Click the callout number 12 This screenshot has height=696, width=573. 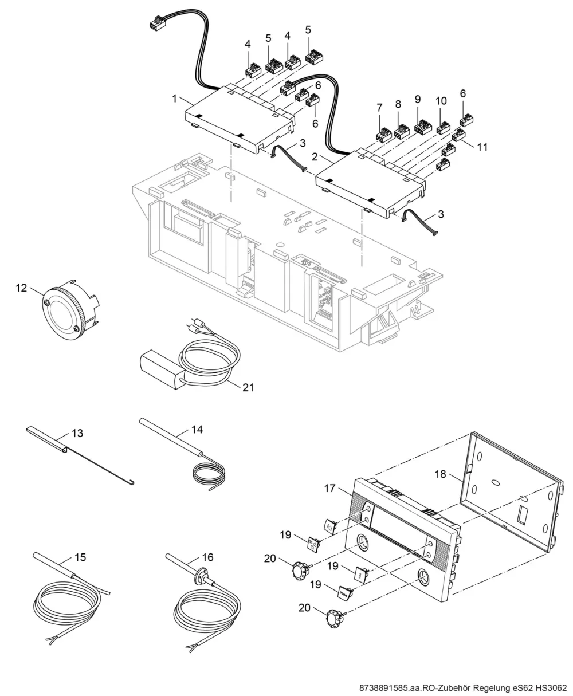point(21,288)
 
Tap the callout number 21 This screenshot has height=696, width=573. point(248,387)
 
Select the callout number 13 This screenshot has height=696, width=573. point(77,433)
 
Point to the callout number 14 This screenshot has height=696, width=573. point(197,430)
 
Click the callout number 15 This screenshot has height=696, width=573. point(80,557)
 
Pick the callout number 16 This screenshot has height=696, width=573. point(207,557)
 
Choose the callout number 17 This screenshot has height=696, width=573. point(329,488)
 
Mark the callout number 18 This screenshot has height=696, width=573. point(440,474)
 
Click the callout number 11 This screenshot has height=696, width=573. point(482,147)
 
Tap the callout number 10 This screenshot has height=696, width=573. point(441,101)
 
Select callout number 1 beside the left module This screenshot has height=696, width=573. point(175,99)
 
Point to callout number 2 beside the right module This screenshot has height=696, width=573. point(315,157)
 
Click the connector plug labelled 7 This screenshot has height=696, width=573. point(383,134)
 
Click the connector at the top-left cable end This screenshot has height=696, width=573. point(158,23)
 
